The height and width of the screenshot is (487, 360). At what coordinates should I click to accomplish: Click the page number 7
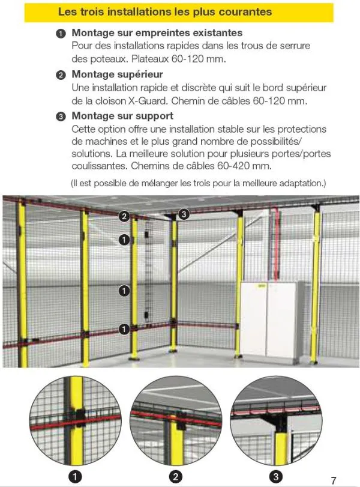point(334,480)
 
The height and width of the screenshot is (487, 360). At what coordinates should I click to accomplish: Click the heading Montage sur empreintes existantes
point(157,32)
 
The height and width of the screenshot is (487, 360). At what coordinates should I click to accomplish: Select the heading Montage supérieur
point(118,74)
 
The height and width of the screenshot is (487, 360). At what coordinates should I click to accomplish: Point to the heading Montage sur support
point(122,116)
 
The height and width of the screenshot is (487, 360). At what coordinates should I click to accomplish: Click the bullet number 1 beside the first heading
point(61,34)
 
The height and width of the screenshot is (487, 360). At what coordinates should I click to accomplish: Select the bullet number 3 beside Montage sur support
point(61,116)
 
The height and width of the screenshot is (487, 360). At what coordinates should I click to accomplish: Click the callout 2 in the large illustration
point(124,216)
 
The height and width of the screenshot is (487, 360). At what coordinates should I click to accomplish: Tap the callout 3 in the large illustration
point(184,214)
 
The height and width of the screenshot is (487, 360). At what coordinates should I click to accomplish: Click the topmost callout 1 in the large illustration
point(124,240)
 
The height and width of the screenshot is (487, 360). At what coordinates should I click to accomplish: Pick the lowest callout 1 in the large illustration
point(124,329)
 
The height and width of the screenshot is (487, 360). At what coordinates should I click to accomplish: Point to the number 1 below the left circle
point(75,476)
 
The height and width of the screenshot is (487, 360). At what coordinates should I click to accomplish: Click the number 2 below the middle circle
point(176,476)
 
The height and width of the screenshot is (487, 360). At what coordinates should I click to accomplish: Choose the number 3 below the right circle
point(276,476)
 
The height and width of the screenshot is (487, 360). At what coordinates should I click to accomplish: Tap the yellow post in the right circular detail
point(281,447)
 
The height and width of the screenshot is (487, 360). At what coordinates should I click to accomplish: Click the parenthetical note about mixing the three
point(199,183)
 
